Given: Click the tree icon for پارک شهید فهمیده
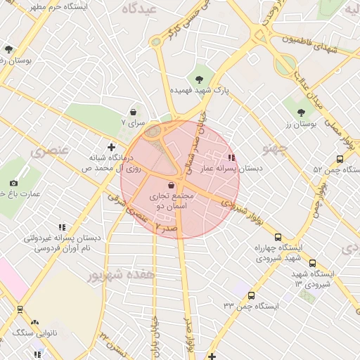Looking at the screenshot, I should click(x=199, y=79).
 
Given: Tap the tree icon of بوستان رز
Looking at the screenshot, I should click(x=301, y=112).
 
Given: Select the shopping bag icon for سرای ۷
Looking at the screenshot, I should click(x=133, y=112).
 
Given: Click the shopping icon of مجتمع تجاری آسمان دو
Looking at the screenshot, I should click(x=173, y=186).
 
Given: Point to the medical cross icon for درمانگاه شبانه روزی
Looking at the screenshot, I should click(x=111, y=147).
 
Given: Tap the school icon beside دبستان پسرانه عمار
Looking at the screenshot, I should click(x=232, y=158).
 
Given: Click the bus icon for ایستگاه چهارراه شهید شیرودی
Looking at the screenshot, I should click(x=278, y=237).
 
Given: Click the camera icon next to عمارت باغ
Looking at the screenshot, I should click(x=14, y=183).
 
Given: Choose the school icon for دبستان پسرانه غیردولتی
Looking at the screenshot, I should click(x=62, y=227).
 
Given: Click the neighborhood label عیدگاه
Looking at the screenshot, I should click(x=139, y=9).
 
